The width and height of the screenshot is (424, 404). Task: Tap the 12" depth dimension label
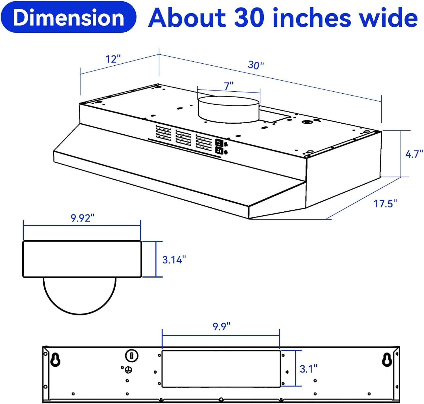[x=113, y=59]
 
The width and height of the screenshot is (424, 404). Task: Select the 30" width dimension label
[x=256, y=65]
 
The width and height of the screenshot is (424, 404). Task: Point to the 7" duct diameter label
[x=229, y=86]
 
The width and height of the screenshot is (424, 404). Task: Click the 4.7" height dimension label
[x=414, y=154]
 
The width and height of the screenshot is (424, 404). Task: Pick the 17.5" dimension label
[x=385, y=204]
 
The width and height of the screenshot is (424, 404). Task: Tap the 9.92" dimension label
[x=82, y=218]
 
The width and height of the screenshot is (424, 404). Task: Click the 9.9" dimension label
[x=222, y=326]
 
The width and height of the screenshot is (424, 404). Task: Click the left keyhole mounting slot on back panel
[x=55, y=360]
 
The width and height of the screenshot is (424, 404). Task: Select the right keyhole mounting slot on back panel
[x=386, y=360]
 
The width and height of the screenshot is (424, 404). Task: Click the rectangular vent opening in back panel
[x=221, y=369]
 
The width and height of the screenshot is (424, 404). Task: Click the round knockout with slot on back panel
[x=131, y=355]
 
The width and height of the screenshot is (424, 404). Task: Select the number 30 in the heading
[x=249, y=18]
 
